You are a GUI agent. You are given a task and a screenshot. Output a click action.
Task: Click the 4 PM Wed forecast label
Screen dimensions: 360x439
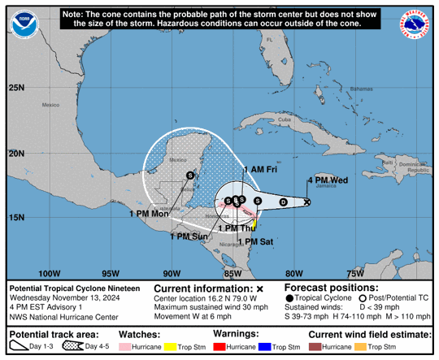pyautogui.click(x=328, y=180)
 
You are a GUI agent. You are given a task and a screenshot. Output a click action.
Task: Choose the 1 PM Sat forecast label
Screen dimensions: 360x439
pyautogui.click(x=260, y=241)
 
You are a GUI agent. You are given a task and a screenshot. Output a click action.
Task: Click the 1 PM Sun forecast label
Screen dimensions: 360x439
pyautogui.click(x=189, y=236)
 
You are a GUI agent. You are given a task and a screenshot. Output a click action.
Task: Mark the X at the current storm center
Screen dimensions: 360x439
pyautogui.click(x=307, y=202)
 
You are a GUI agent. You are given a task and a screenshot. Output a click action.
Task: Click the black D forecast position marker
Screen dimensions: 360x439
pyautogui.click(x=283, y=202)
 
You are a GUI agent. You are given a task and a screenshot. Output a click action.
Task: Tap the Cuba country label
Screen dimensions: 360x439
pyautogui.click(x=284, y=120)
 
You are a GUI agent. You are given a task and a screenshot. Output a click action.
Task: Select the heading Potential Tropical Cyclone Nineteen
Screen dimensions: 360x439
pyautogui.click(x=74, y=288)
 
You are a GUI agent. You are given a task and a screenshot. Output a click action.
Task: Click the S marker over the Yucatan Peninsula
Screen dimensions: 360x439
pyautogui.click(x=189, y=175)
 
